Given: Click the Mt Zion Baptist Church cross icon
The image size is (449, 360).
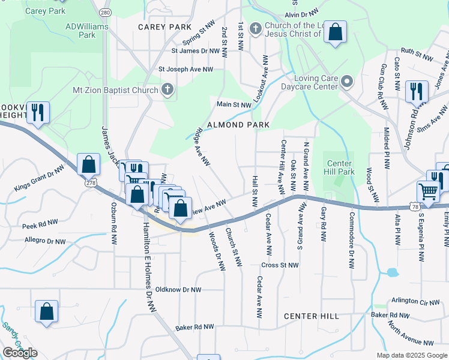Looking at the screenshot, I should (167, 90).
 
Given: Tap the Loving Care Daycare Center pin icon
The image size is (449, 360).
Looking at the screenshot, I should (347, 82).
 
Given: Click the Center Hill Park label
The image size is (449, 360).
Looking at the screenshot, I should (340, 167).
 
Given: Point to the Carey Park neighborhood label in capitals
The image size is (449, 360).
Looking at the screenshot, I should (164, 27).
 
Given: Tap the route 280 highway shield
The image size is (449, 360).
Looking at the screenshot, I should (106, 13).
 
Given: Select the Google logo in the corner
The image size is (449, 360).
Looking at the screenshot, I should (20, 353).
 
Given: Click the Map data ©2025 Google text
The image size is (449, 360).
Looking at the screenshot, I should (412, 355).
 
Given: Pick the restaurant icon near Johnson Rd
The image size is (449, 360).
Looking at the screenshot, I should (417, 91).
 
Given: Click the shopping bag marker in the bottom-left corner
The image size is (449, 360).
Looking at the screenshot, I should (47, 311).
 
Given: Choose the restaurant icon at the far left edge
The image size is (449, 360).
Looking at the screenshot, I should (38, 112).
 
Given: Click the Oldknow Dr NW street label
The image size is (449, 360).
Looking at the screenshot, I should (178, 290).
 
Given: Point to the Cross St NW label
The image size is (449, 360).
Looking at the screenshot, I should (280, 265).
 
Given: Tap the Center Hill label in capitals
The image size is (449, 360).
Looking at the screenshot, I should (311, 316).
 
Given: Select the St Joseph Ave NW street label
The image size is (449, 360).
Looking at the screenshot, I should (185, 70).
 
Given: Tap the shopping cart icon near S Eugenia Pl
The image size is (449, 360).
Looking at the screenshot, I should (428, 192).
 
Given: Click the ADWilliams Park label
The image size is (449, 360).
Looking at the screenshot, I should (80, 31).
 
